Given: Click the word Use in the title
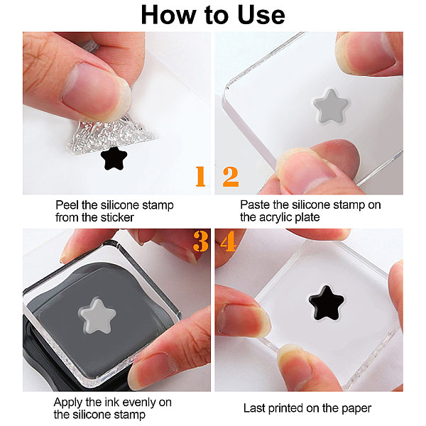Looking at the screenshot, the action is pyautogui.click(x=261, y=15).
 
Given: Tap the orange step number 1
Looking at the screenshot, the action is pyautogui.click(x=200, y=177).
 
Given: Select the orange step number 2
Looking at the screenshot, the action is pyautogui.click(x=231, y=177).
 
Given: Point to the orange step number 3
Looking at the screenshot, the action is pyautogui.click(x=201, y=241).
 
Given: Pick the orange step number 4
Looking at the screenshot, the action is pyautogui.click(x=229, y=241).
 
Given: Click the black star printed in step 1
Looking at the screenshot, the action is pyautogui.click(x=114, y=158).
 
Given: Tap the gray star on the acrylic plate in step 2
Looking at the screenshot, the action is pyautogui.click(x=331, y=106).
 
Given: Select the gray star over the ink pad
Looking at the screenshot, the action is pyautogui.click(x=98, y=316).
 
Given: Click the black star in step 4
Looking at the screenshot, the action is pyautogui.click(x=327, y=302).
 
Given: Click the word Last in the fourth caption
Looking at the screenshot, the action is pyautogui.click(x=254, y=408).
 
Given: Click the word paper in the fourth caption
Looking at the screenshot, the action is pyautogui.click(x=356, y=409).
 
